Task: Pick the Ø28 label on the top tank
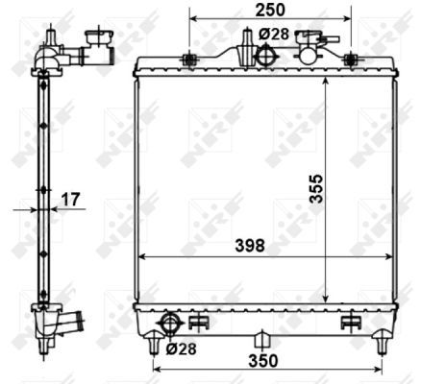pyautogui.click(x=274, y=35)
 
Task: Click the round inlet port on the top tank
pyautogui.click(x=264, y=56)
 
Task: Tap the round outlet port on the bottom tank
pyautogui.click(x=170, y=323)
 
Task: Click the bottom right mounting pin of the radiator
pyautogui.click(x=382, y=339)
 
